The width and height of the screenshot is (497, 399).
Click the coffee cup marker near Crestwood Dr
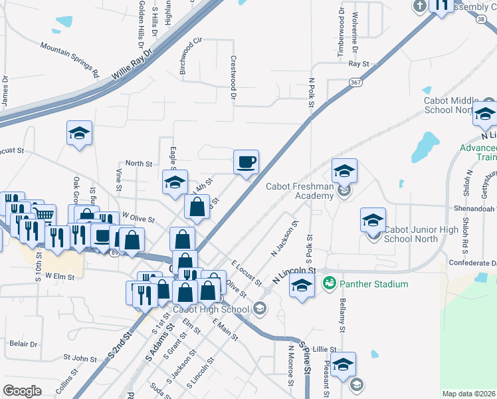pos(246,162)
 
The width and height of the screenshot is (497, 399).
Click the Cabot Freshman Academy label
pos(299,191)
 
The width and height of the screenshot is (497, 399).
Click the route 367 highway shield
pos(355,82)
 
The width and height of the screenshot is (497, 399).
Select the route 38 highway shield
pos(479,20)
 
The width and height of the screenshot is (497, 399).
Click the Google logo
pos(23,391)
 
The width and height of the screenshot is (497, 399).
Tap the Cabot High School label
pos(211,309)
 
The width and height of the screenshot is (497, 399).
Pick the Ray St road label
pos(358,64)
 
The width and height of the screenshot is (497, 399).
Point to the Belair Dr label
pos(23,344)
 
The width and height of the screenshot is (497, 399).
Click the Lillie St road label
pos(326,348)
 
